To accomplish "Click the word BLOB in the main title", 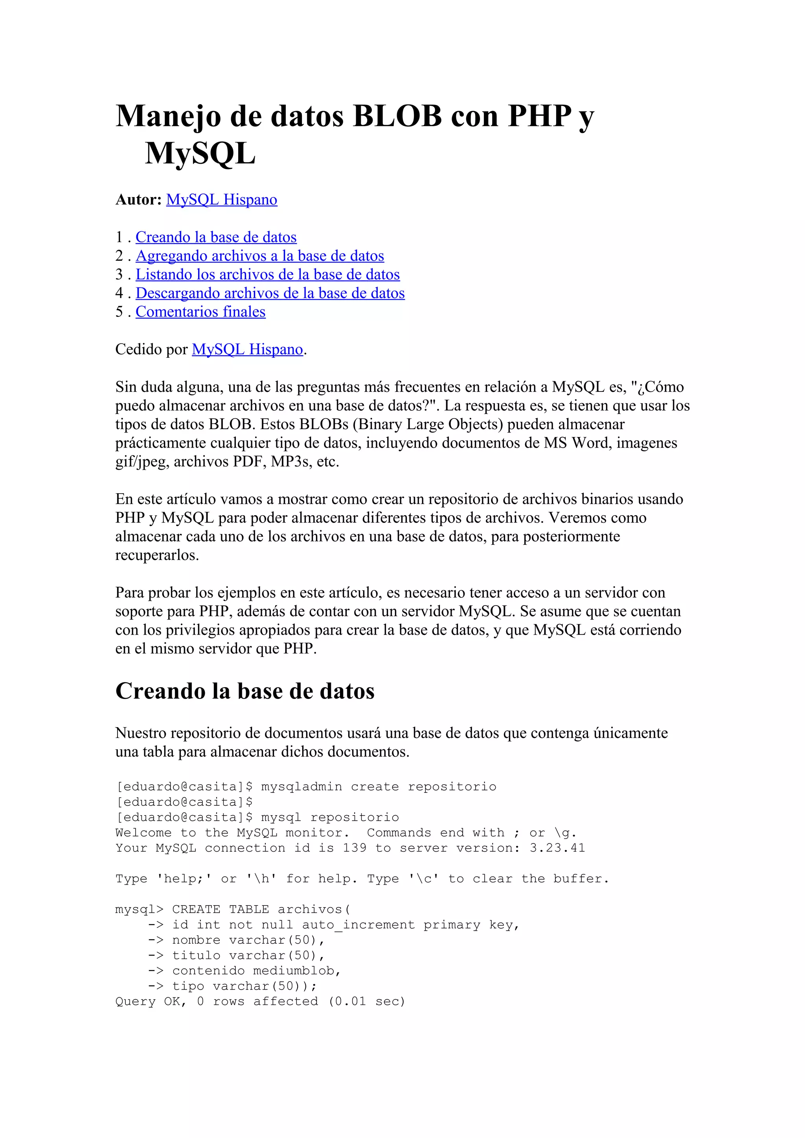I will (x=397, y=116).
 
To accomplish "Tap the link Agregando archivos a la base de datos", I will (x=260, y=256).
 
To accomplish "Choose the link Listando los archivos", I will (x=267, y=274).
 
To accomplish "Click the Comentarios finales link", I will (x=200, y=312).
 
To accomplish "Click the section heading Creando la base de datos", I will (x=244, y=691).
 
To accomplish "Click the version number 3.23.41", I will (x=557, y=848).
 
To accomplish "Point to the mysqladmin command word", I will (x=301, y=787).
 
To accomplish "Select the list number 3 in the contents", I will (x=119, y=274).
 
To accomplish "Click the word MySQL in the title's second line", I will (x=200, y=153).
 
